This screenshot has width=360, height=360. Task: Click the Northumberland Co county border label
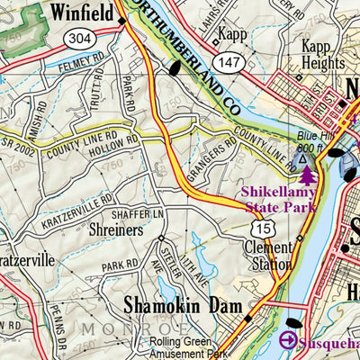(x=189, y=54)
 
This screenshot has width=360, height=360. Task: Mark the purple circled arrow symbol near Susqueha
(x=288, y=340)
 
